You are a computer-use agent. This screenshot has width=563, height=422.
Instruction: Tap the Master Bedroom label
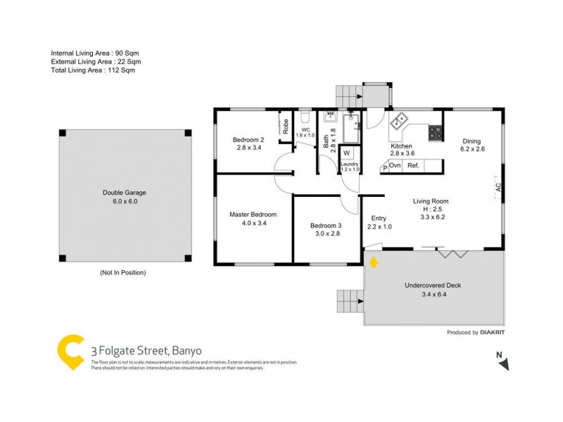[253, 215]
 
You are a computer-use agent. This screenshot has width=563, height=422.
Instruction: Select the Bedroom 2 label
[248, 139]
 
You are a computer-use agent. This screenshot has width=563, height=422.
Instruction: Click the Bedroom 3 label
[325, 225]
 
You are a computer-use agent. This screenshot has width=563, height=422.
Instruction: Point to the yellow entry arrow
[374, 262]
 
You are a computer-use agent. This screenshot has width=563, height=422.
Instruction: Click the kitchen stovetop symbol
[435, 130]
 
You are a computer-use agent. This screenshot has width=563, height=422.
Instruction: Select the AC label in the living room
[498, 188]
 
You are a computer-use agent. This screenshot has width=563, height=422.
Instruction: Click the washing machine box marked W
[346, 153]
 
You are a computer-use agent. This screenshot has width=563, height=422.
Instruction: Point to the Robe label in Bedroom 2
[286, 127]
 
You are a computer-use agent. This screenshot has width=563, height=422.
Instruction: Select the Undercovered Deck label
[433, 286]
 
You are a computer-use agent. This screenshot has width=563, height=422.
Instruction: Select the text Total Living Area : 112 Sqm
[93, 70]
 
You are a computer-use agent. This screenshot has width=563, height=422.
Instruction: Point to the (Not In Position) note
[122, 272]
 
